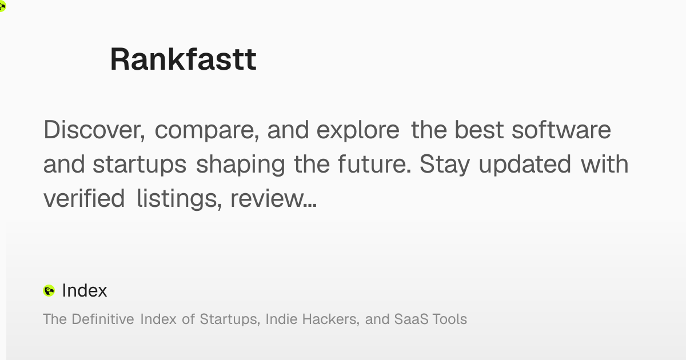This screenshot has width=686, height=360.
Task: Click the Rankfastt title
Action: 183,59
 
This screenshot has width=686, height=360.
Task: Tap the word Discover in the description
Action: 94,130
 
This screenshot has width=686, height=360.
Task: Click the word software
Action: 561,130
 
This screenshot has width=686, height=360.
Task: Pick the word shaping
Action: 241,165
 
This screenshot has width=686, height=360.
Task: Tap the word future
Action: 374,164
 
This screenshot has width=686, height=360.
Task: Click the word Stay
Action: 444,165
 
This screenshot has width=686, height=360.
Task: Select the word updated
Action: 525,165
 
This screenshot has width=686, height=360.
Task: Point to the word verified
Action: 84,198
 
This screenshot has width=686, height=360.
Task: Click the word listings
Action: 179,199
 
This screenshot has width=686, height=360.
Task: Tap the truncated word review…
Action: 273,199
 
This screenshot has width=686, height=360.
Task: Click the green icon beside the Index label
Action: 49,291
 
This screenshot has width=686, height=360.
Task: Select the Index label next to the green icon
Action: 85,290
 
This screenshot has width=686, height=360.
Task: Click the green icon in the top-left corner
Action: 2,6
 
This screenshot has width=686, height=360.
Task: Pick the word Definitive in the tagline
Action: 103,319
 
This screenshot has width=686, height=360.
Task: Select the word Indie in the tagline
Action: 281,319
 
